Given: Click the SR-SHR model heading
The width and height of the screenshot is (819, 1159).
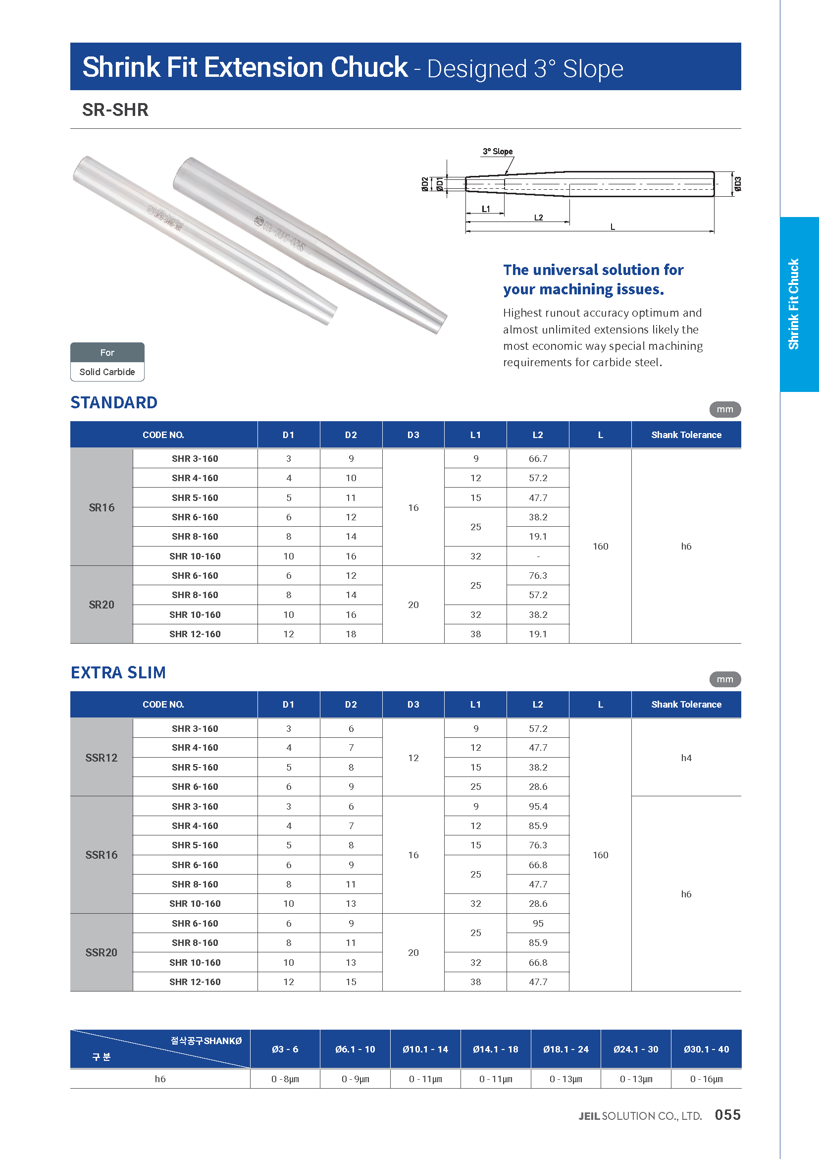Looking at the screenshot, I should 115,110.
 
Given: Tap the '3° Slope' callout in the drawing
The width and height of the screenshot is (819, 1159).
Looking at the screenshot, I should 497,152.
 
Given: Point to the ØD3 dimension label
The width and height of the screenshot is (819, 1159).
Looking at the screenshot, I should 737,184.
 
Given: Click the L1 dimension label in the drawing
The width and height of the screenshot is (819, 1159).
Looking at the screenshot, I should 486,209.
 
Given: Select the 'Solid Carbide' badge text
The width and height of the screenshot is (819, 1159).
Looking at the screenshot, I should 107,372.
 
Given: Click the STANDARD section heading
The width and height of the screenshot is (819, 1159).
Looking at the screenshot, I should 114,402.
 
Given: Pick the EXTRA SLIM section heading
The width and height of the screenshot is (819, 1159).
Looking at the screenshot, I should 118,672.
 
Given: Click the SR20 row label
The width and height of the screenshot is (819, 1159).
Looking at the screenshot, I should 102,605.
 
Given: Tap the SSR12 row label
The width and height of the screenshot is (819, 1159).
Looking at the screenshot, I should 102,758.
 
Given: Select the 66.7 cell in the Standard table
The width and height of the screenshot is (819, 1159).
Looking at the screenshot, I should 538,459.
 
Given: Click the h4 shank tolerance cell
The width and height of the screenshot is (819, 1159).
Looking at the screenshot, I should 686,758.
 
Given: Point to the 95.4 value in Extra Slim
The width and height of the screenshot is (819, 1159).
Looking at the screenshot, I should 538,807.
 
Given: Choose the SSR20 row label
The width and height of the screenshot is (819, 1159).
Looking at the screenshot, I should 102,952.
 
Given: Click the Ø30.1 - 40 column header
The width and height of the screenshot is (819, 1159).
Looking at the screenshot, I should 706,1049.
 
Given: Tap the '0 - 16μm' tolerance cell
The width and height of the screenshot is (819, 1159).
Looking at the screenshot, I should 706,1079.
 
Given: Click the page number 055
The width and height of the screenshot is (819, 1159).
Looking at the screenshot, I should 727,1115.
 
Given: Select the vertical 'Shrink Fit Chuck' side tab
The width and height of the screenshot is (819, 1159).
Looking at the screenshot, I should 794,304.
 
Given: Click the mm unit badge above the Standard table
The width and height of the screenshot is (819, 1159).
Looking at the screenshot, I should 725,409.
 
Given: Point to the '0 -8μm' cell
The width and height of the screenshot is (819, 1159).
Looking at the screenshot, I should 285,1079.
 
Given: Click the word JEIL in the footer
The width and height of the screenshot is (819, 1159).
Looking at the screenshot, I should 589,1116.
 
